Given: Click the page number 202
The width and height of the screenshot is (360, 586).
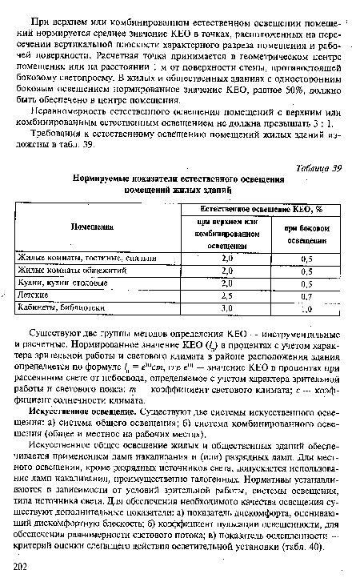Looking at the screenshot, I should pos(21,565).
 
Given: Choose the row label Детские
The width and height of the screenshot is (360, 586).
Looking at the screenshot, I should pos(34,295).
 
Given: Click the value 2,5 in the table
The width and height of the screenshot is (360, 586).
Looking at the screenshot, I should pos(227,295).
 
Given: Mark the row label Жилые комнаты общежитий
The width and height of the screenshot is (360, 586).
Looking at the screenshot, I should pos(70,270).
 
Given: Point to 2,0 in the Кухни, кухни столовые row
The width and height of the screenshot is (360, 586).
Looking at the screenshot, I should pos(227,283).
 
